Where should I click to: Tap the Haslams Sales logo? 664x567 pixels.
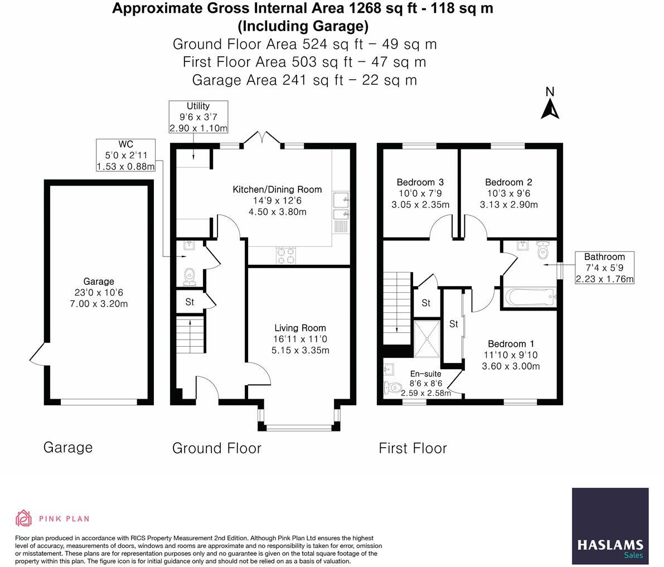point(610,526)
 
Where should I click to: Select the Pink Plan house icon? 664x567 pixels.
point(23,518)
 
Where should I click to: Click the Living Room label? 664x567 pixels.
point(301,328)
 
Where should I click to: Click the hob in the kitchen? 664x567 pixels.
point(286,255)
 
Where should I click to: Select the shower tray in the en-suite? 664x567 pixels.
point(427,339)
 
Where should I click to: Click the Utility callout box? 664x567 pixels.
point(198,117)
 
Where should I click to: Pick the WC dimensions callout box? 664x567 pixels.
point(126,156)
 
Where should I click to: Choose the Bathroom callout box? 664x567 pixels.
point(604,268)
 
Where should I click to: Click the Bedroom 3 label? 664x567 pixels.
point(420,182)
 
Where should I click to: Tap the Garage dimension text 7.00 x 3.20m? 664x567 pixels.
point(99,304)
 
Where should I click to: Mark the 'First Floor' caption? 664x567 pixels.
point(413,448)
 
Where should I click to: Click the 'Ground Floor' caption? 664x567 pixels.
point(217,448)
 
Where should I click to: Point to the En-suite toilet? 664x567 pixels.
point(393,387)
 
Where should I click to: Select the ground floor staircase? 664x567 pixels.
point(191,334)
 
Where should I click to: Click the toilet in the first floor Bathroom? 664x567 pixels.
point(542,250)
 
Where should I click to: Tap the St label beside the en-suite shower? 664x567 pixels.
point(453,324)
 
